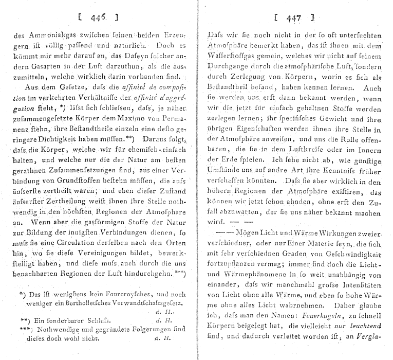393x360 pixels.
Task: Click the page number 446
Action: pyautogui.click(x=98, y=18)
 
